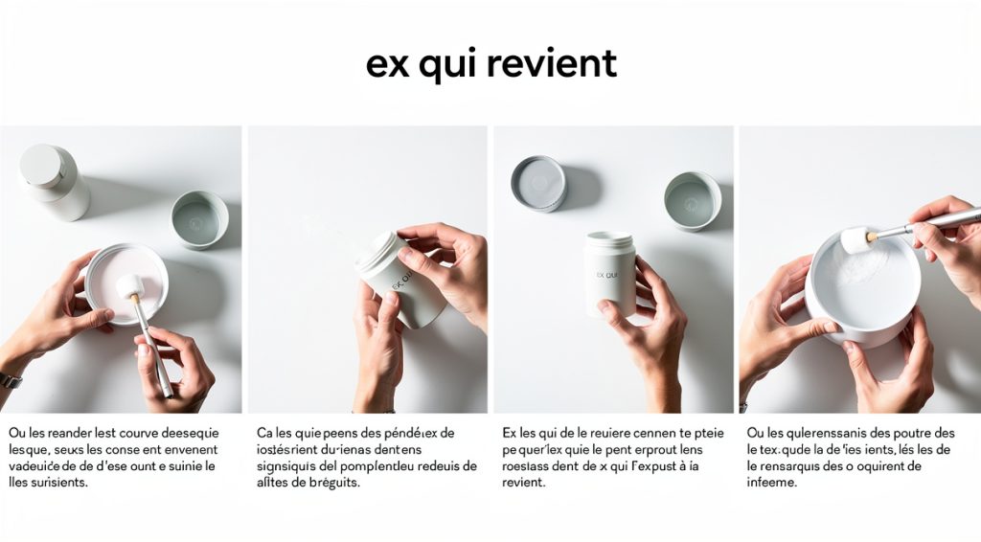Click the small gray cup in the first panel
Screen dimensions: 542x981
pyautogui.click(x=199, y=219)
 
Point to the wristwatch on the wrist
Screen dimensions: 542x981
pyautogui.click(x=9, y=379)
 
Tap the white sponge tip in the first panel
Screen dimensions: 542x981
pyautogui.click(x=129, y=285)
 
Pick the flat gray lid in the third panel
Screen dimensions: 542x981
pyautogui.click(x=537, y=182)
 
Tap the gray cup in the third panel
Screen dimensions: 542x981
pyautogui.click(x=692, y=200)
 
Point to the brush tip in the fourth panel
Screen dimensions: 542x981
pyautogui.click(x=855, y=238)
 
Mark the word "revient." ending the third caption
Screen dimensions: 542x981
pyautogui.click(x=523, y=483)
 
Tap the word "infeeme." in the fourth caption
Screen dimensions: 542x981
pyautogui.click(x=773, y=483)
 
